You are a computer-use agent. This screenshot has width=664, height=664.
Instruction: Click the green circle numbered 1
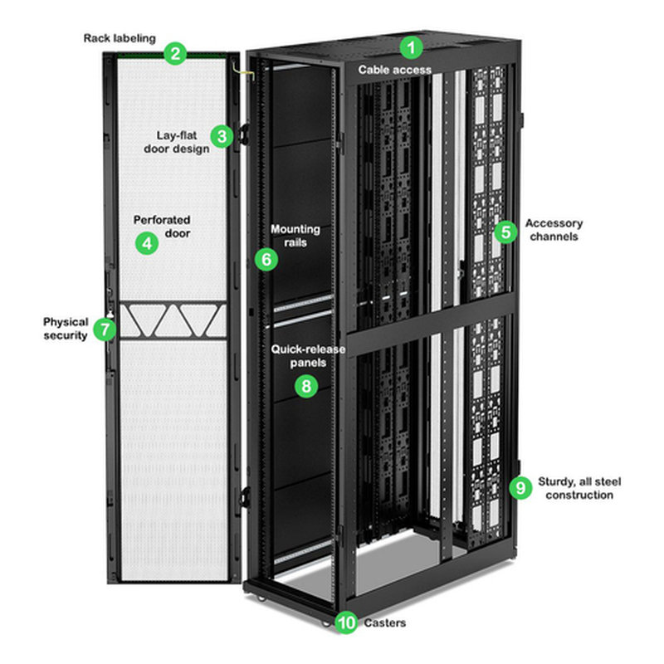point(413,46)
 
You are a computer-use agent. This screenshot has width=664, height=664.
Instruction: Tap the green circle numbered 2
point(173,55)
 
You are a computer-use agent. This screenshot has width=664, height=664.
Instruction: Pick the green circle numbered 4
point(147,243)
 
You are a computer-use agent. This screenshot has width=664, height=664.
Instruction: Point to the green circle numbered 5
point(505,232)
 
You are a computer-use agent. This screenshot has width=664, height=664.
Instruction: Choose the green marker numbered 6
point(266,259)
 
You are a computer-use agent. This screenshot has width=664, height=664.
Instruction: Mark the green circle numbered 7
point(104,329)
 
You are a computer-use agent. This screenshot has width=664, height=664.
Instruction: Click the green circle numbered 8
point(306,385)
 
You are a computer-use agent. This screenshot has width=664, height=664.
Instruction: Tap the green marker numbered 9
point(520,488)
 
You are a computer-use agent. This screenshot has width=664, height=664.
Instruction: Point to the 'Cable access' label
point(395,70)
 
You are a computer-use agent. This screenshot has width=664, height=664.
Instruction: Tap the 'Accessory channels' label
point(554,230)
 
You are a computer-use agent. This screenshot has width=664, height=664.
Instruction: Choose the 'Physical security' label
point(66,328)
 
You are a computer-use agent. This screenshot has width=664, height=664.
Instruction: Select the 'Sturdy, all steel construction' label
point(579,488)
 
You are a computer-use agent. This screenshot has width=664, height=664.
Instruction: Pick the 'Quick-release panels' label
point(297,356)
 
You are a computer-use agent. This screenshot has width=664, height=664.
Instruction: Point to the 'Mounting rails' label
point(295,236)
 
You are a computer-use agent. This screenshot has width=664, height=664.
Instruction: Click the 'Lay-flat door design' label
point(183,142)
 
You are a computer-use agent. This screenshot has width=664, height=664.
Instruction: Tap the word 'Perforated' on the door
point(162,220)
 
